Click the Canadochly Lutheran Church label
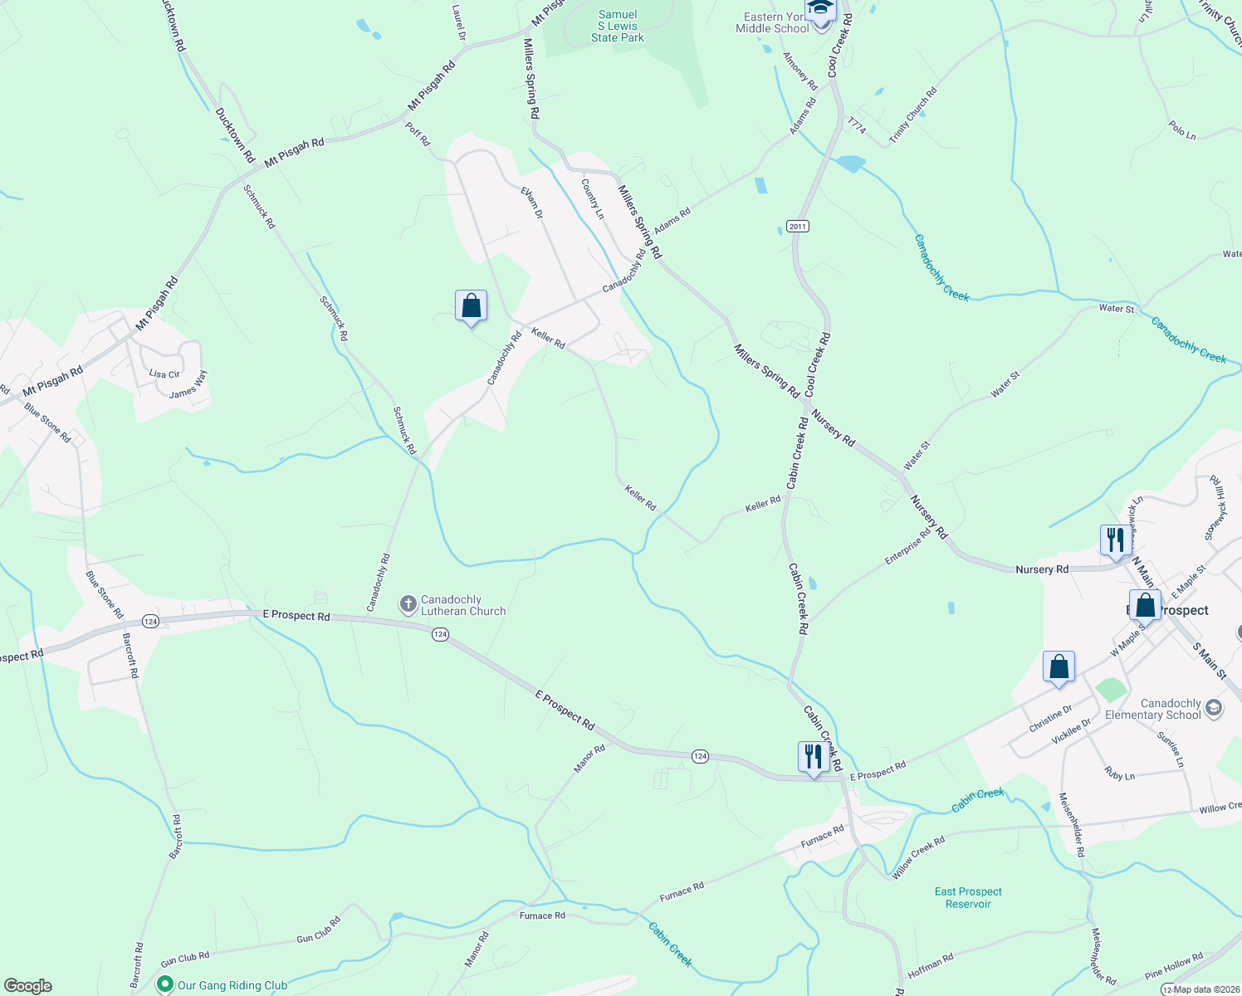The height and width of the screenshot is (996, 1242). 462,605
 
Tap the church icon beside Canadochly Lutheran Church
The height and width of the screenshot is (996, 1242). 408,604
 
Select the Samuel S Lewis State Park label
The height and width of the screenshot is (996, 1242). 618,26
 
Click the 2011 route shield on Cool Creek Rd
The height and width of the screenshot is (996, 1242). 797,227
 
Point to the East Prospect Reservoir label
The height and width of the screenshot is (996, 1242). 968,897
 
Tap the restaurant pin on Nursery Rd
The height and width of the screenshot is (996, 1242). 1115,539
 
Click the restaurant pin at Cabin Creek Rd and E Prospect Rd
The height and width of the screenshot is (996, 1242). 813,756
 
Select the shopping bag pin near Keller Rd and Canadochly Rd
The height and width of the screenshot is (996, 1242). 471,305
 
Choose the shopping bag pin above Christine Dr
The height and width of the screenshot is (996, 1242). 1059,666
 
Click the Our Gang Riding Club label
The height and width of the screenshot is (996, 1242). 232,985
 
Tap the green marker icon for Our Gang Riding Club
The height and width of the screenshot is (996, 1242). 165,985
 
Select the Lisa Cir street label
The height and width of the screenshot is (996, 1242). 164,374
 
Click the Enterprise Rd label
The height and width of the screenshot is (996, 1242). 907,547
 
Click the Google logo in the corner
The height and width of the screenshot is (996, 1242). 27,985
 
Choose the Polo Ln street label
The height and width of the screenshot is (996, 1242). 1181,129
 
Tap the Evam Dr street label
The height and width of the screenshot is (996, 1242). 531,203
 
